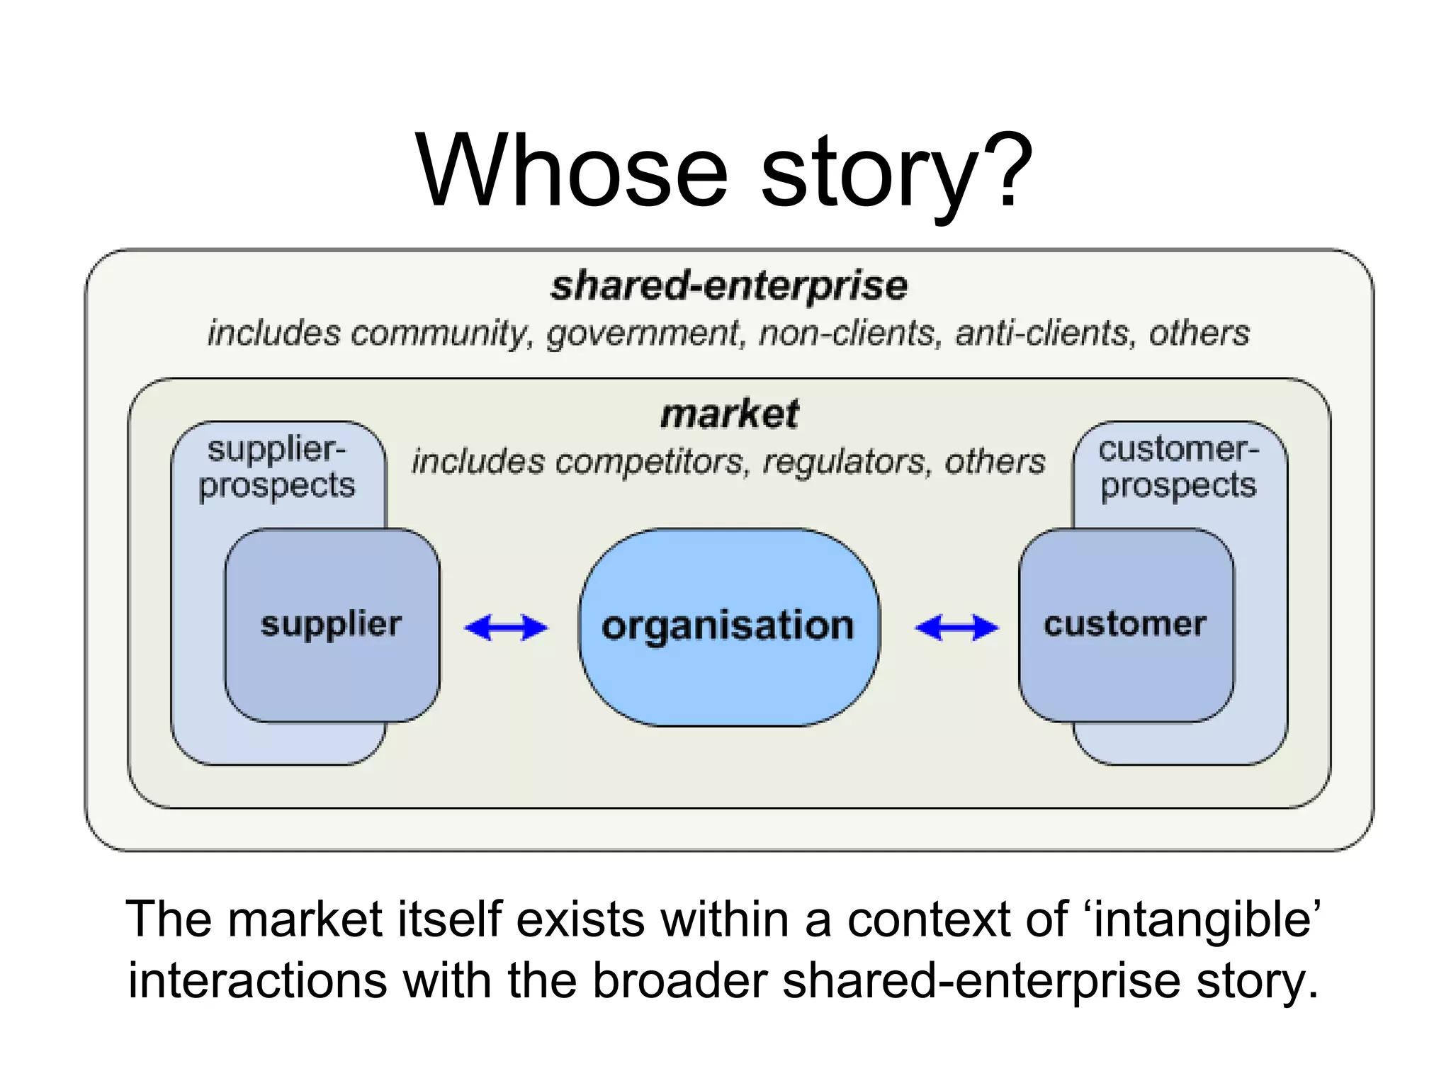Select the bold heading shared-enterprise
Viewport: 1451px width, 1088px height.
click(729, 286)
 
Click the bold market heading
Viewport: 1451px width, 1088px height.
click(729, 414)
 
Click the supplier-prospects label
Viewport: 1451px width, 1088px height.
click(276, 467)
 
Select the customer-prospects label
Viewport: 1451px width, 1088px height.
click(1178, 467)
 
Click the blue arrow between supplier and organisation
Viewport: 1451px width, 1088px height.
click(506, 628)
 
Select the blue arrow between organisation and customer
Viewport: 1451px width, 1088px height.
click(956, 628)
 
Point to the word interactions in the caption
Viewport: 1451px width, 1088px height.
click(257, 981)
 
